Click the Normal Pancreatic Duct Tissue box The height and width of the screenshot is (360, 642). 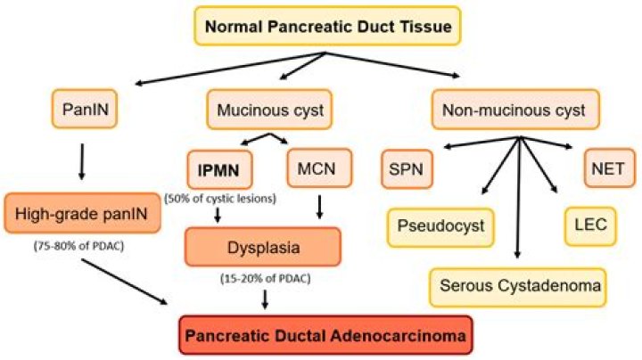click(331, 27)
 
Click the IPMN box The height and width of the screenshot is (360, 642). click(220, 167)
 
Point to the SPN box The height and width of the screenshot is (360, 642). click(411, 167)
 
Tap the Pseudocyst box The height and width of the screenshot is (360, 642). click(440, 225)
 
